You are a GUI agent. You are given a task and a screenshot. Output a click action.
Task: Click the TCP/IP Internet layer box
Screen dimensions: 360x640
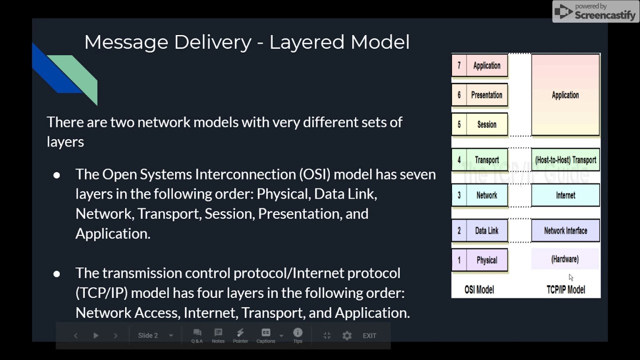(x=565, y=195)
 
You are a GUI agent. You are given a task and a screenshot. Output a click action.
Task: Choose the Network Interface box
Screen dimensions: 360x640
(x=565, y=230)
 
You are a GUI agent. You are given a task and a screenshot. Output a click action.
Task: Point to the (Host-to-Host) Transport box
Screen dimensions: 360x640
(x=565, y=160)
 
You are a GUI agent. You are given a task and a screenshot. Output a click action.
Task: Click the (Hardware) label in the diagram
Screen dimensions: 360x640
(x=565, y=259)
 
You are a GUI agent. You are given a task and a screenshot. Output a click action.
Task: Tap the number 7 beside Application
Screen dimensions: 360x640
(x=459, y=65)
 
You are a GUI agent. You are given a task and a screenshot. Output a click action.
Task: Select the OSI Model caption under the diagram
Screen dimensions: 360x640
(x=479, y=289)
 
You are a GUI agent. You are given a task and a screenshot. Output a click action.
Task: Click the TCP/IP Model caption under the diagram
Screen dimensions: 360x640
(x=565, y=289)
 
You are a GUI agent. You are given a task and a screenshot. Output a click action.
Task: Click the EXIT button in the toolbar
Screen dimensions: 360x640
(x=369, y=335)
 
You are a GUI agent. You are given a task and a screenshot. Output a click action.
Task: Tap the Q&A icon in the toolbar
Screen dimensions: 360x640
(x=197, y=335)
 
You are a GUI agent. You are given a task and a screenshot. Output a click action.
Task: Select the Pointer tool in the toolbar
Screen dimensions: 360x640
(x=240, y=335)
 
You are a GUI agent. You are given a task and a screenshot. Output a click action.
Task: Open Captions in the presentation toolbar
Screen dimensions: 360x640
(x=266, y=335)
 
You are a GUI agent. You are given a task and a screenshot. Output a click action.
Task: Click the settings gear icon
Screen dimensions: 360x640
(x=347, y=335)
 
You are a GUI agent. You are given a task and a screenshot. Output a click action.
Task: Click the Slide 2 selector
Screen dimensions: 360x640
(x=155, y=335)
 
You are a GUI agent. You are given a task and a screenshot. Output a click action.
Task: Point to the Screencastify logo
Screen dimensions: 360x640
(x=595, y=11)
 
